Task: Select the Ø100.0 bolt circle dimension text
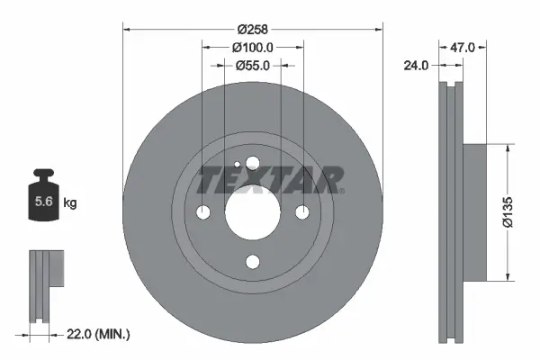[252, 46]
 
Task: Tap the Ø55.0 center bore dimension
[252, 65]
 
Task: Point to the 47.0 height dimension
[463, 65]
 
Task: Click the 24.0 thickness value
[416, 65]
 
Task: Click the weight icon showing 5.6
[42, 202]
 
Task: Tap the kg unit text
[70, 203]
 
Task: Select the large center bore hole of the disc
[252, 212]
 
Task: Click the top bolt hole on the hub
[252, 163]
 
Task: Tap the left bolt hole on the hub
[202, 212]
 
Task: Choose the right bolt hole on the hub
[301, 212]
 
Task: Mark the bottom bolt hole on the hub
[252, 262]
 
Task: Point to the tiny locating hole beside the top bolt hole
[236, 165]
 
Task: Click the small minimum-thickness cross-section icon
[47, 269]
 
